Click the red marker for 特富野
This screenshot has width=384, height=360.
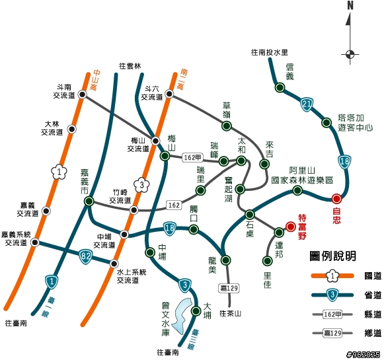[x=291, y=227]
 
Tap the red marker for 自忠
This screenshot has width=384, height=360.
[x=336, y=199]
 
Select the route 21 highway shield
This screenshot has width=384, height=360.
[x=307, y=104]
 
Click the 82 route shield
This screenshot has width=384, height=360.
[x=85, y=256]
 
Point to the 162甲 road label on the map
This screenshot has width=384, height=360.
[x=192, y=157]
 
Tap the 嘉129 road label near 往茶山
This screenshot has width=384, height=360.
[x=229, y=288]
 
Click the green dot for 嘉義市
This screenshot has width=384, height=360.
[x=89, y=201]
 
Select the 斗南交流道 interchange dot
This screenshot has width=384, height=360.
[x=82, y=94]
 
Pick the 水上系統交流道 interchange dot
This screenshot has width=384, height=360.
[x=114, y=264]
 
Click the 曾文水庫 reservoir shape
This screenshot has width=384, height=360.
[x=182, y=316]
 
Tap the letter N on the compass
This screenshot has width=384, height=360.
[x=350, y=6]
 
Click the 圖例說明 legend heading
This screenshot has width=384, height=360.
[x=332, y=256]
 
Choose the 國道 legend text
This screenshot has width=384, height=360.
[x=373, y=276]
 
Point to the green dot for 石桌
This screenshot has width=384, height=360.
[x=250, y=215]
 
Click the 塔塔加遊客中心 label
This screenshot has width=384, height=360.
[x=356, y=123]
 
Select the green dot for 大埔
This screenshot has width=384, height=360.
[x=196, y=311]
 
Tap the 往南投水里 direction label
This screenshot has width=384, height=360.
[x=270, y=52]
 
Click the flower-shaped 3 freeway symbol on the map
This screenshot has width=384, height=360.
[x=141, y=185]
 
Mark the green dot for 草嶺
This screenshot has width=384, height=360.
[x=227, y=126]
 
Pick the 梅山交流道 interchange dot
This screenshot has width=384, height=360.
[x=155, y=141]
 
